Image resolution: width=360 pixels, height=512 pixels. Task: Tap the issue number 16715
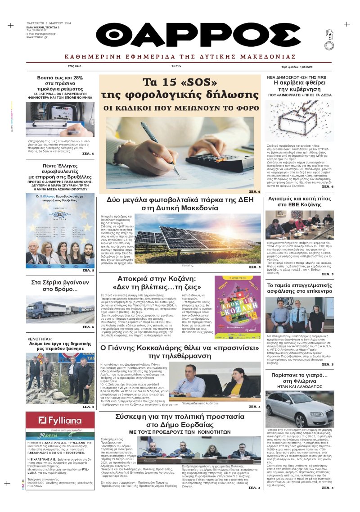point(176,66)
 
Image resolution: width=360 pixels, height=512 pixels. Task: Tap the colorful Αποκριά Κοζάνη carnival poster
point(237,317)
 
